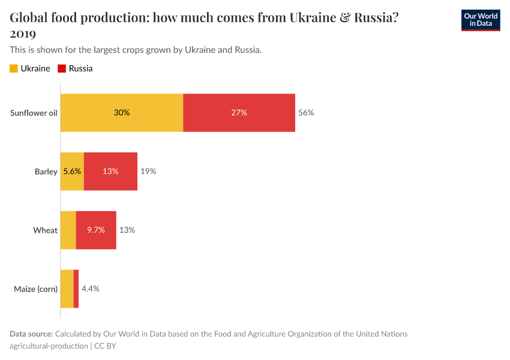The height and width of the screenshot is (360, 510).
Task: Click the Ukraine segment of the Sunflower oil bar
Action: click(122, 113)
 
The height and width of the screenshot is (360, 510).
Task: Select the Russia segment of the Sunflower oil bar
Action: click(239, 113)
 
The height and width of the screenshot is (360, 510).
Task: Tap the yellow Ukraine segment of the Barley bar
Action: click(72, 172)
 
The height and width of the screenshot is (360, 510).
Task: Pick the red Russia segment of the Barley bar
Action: click(110, 172)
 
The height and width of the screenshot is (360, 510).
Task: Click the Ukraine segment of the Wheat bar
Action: click(68, 230)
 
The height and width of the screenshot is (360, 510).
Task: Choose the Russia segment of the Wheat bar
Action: click(96, 230)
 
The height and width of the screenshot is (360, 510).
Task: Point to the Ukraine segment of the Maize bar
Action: click(67, 289)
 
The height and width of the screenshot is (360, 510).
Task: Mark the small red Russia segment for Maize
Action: click(76, 289)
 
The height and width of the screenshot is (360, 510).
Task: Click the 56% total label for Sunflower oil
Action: click(306, 113)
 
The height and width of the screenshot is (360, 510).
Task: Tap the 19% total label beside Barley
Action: click(148, 172)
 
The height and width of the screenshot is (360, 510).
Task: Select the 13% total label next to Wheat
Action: click(127, 230)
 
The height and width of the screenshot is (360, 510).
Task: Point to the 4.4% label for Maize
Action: click(90, 289)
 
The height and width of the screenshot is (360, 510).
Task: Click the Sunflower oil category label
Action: click(34, 113)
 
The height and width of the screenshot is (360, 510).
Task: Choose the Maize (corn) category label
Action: click(35, 289)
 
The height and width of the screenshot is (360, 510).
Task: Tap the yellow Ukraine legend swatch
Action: click(14, 68)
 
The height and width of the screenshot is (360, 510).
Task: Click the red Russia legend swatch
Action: click(62, 68)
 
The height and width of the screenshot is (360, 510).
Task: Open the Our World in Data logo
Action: click(480, 20)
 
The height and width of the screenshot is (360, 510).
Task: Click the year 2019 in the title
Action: click(23, 34)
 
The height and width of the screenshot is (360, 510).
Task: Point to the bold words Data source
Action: click(31, 334)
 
